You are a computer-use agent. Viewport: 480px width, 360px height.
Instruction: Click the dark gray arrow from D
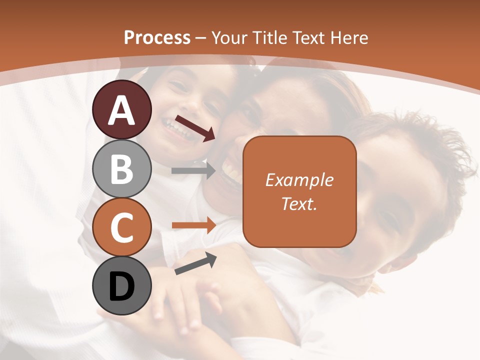(x=195, y=263)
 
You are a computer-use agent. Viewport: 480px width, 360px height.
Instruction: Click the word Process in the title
(x=157, y=37)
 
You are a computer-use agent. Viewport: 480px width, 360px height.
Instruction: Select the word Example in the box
(x=299, y=180)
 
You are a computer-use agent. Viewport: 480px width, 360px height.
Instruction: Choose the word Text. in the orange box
(x=299, y=203)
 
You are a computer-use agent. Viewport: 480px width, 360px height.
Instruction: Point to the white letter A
(x=122, y=110)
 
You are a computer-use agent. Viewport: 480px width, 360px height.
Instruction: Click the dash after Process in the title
(x=201, y=38)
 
